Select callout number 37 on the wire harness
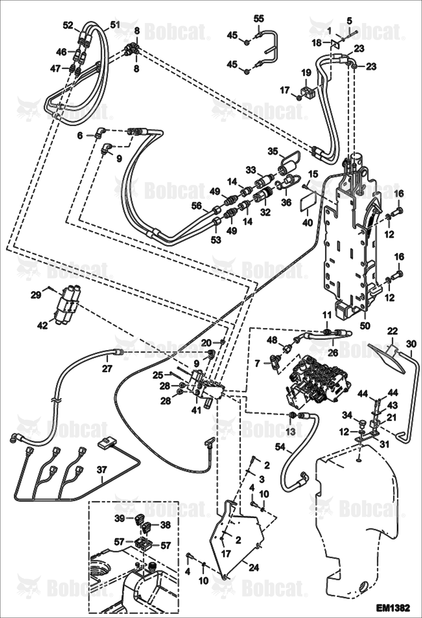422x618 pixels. point(102,470)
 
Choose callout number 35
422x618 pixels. point(273,150)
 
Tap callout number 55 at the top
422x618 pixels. point(259,19)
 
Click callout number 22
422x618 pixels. point(392,331)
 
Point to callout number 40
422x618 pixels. point(307,223)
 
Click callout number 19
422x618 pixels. point(306,73)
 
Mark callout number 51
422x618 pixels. point(115,25)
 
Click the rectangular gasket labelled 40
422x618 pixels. point(308,202)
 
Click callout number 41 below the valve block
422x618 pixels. point(196,410)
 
